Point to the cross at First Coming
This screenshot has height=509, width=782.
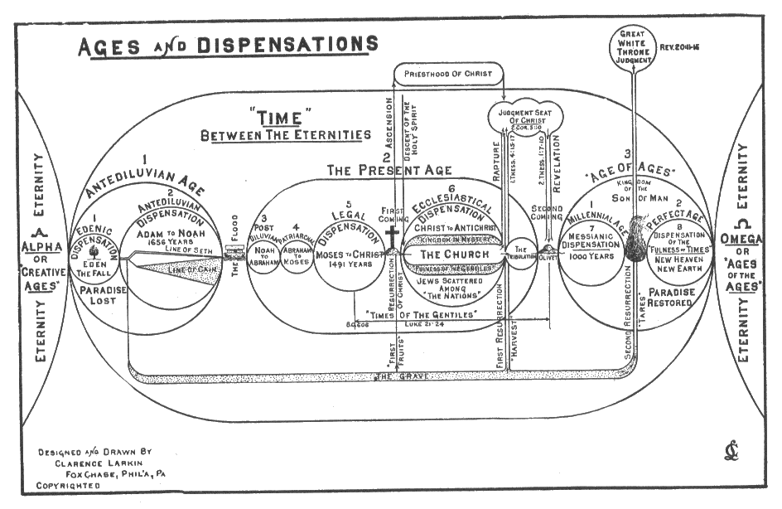(393, 236)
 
